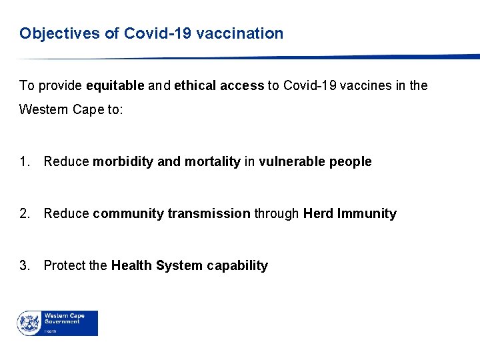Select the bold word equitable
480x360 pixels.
pyautogui.click(x=115, y=86)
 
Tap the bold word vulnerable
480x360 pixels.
pyautogui.click(x=291, y=162)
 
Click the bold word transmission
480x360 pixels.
pyautogui.click(x=209, y=214)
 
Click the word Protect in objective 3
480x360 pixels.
pyautogui.click(x=64, y=266)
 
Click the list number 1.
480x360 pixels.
pyautogui.click(x=25, y=162)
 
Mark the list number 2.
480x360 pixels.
pyautogui.click(x=25, y=214)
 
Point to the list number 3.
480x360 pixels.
pyautogui.click(x=25, y=266)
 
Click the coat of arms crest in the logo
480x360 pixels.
pyautogui.click(x=29, y=323)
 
